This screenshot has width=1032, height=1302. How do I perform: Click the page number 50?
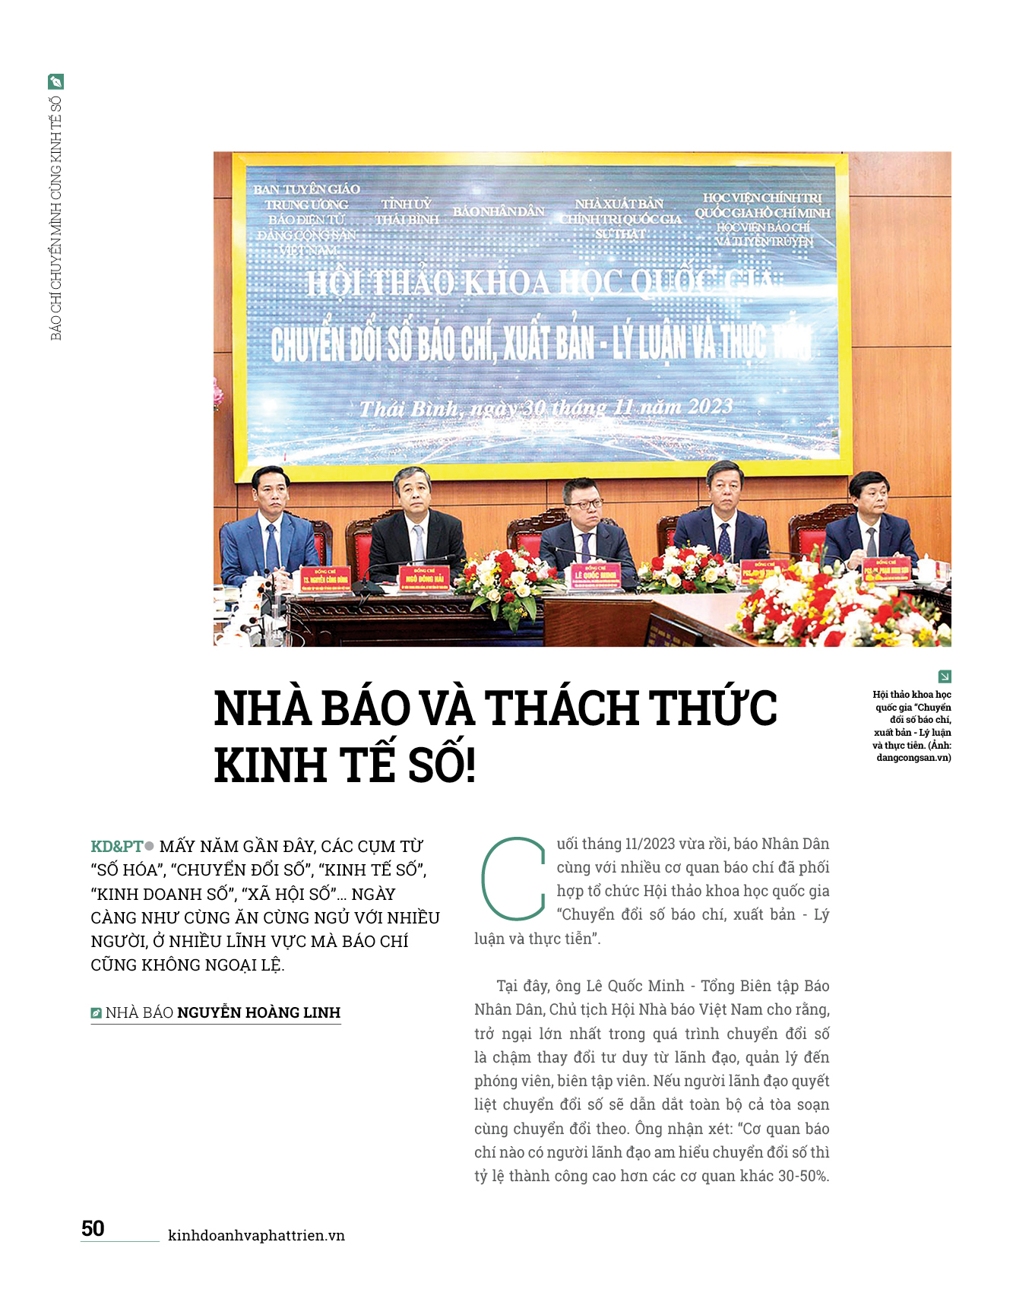pos(93,1228)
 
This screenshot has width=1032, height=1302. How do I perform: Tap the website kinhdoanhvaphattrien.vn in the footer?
pos(256,1235)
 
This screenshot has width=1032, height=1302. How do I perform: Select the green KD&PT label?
pos(116,846)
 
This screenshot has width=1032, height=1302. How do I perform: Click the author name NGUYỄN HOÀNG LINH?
pos(258,1012)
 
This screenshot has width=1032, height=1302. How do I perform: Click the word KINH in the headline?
pos(270,765)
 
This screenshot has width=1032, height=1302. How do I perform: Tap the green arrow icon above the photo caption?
pos(945,676)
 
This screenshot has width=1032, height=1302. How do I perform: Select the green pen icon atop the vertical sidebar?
pos(55,81)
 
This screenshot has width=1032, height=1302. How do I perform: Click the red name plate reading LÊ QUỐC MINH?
pos(595,575)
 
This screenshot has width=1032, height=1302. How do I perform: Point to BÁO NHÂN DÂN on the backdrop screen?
pos(499,211)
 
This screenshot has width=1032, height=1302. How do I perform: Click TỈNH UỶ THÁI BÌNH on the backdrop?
pos(407,212)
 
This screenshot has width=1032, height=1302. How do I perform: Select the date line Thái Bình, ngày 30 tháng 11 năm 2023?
pos(546,408)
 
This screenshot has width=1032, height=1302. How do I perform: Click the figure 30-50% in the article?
pos(803,1176)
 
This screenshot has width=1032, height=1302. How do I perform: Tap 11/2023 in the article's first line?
pos(649,844)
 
